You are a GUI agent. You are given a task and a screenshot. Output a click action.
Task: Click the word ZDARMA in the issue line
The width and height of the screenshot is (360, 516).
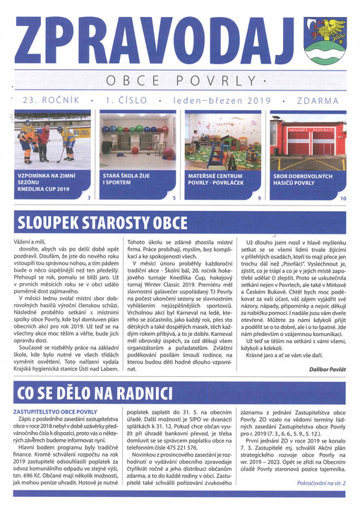click(318, 101)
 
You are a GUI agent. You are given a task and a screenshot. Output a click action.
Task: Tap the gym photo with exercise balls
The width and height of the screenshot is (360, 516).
click(137, 143)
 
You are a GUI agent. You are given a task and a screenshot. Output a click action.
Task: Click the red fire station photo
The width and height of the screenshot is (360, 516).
click(308, 143)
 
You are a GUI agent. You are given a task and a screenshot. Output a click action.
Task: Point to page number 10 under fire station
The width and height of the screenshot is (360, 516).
click(343, 199)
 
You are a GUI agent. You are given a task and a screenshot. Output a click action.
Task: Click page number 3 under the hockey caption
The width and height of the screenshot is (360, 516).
click(88, 199)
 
